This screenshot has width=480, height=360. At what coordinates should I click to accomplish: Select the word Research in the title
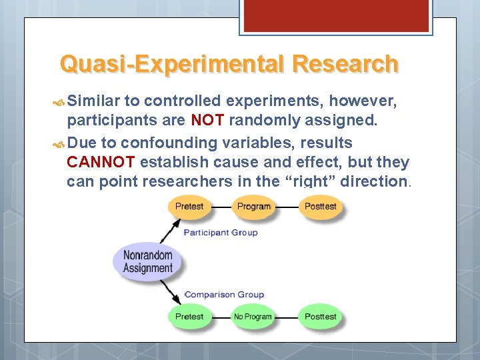coord(345,64)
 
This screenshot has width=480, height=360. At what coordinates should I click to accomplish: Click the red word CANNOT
coord(101,162)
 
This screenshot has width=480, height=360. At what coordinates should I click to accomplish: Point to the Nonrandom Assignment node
coord(147,261)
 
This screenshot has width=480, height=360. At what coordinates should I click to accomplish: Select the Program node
coord(253,207)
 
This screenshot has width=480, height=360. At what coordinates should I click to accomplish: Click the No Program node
coord(253,317)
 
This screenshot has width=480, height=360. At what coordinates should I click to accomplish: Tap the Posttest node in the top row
coord(321,207)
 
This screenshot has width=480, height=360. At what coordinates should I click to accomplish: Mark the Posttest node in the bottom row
coord(321,317)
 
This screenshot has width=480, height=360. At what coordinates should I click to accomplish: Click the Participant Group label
coord(220,233)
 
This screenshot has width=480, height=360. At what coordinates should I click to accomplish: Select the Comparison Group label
coord(225,294)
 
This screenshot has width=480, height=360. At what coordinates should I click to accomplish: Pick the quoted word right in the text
coord(307,181)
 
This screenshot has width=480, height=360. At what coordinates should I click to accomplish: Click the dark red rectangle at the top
coord(334,15)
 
